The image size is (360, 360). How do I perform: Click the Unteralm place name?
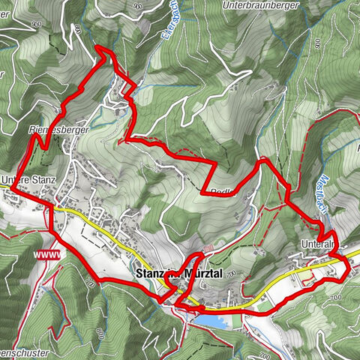[319, 244]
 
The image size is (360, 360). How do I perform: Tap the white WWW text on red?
[46, 254]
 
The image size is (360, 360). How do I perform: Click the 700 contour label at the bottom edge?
[264, 352]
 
